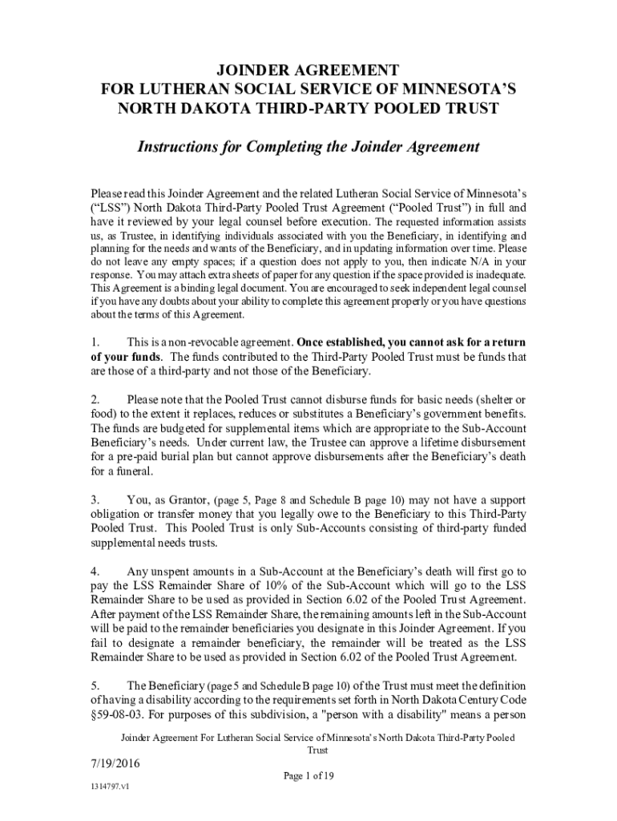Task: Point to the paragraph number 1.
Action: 94,343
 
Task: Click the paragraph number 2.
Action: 94,399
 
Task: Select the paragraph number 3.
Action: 94,501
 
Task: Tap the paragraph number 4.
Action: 94,572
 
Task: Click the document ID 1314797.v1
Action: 110,787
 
